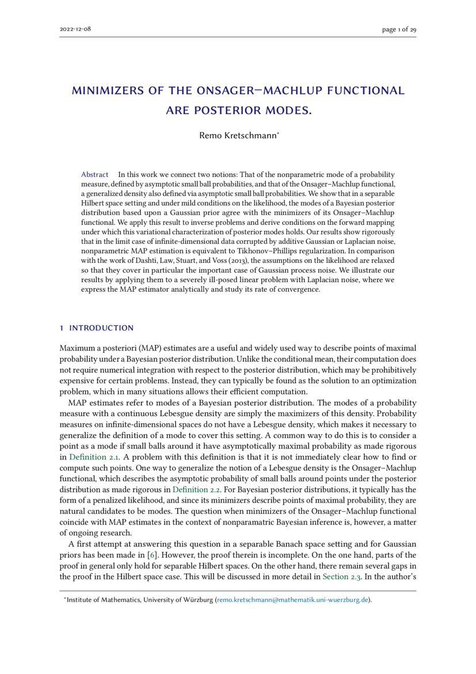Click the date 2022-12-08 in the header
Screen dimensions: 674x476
coord(75,29)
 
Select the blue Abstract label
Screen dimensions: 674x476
coord(94,174)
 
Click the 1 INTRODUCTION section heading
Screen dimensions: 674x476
coord(97,328)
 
